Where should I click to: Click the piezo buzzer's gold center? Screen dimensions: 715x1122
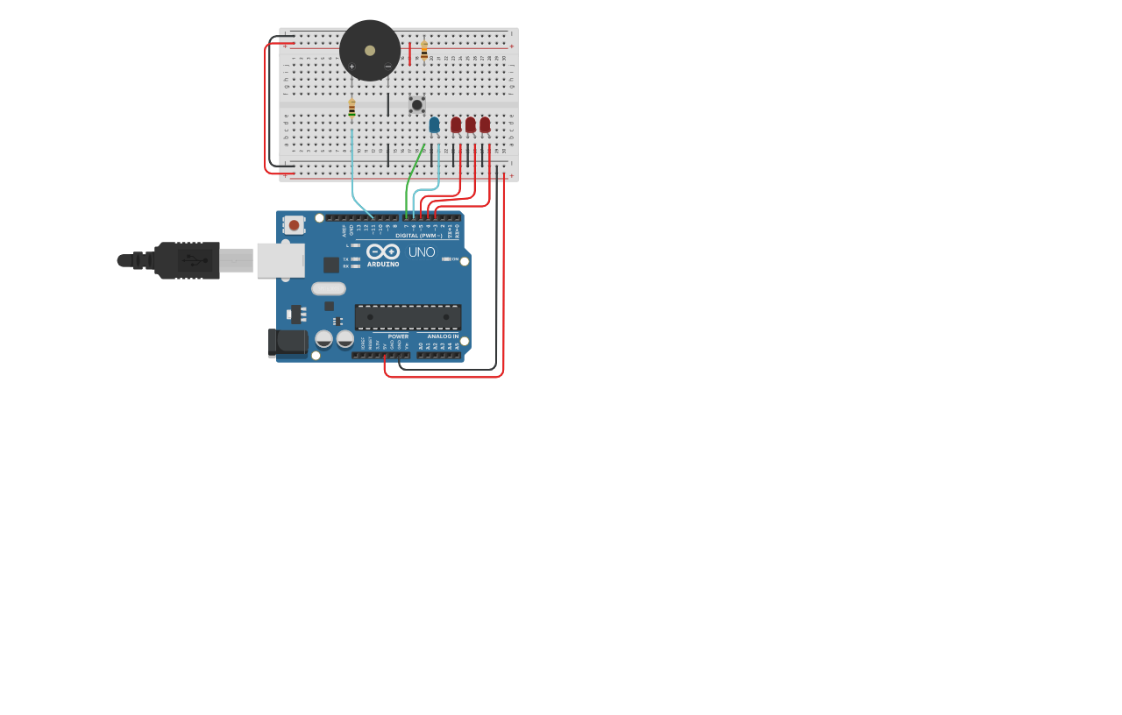coord(370,51)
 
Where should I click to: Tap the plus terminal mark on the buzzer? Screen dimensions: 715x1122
coord(352,67)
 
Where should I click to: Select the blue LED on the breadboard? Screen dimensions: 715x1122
coord(434,124)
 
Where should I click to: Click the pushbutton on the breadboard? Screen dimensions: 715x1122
coord(417,105)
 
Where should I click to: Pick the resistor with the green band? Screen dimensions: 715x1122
coord(352,108)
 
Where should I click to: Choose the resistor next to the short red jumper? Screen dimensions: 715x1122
coord(424,50)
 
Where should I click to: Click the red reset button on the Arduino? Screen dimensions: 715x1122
coord(294,225)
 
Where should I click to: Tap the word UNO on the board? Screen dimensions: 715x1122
coord(422,252)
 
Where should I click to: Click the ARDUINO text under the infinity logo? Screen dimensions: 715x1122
coord(383,264)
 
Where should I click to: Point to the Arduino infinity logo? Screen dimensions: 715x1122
coord(383,251)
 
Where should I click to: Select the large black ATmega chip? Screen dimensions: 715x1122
coord(408,316)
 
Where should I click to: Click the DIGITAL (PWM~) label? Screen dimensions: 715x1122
coord(419,236)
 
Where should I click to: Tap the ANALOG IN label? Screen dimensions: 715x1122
coord(443,336)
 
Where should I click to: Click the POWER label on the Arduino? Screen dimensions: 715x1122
coord(398,336)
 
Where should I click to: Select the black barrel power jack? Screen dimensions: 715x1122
coord(288,343)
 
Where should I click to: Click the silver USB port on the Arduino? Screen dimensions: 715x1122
coord(280,260)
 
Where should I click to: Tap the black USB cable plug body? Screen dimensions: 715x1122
coord(187,260)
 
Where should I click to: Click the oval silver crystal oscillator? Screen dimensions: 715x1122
coord(329,288)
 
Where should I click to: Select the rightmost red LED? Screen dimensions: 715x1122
coord(485,124)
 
